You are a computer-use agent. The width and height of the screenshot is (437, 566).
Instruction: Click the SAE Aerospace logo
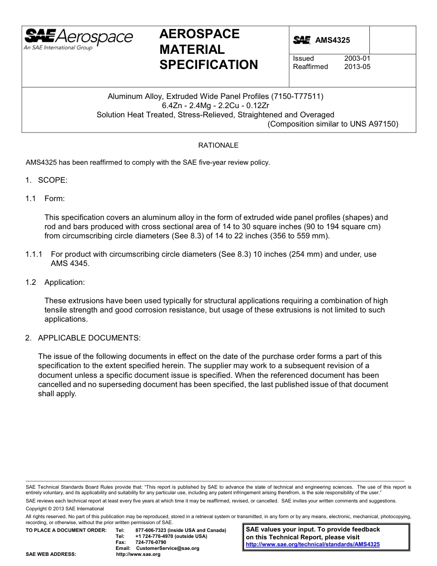pyautogui.click(x=78, y=38)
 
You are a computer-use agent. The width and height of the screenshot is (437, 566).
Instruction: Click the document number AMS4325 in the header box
pyautogui.click(x=332, y=40)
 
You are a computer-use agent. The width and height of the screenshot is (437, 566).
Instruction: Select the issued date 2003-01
pyautogui.click(x=357, y=58)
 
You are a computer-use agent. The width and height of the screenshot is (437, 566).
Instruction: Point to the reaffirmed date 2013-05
pyautogui.click(x=357, y=67)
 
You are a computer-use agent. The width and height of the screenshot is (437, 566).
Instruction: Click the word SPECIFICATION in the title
pyautogui.click(x=208, y=65)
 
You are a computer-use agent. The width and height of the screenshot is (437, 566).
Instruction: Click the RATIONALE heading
pyautogui.click(x=218, y=145)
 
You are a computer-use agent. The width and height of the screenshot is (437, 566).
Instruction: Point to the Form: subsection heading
pyautogui.click(x=54, y=199)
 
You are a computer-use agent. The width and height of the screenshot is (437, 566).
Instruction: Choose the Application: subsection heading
pyautogui.click(x=64, y=282)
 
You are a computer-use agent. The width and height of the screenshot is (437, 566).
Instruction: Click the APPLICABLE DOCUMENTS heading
pyautogui.click(x=89, y=338)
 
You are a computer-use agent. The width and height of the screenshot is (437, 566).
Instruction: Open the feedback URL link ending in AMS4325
pyautogui.click(x=313, y=544)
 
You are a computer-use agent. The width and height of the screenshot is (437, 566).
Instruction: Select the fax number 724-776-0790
pyautogui.click(x=151, y=543)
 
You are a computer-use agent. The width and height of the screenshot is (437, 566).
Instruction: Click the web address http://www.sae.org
pyautogui.click(x=138, y=554)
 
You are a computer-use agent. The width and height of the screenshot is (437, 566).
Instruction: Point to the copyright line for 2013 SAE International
pyautogui.click(x=65, y=509)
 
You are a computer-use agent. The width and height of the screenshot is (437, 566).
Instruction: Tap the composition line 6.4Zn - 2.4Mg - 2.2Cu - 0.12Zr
pyautogui.click(x=215, y=106)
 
